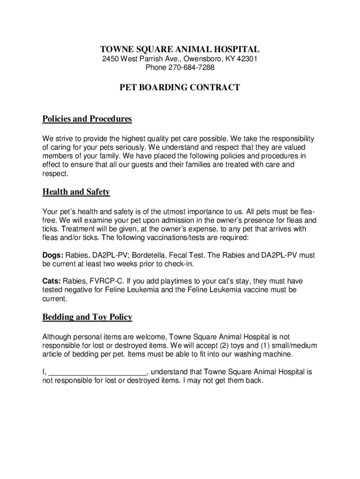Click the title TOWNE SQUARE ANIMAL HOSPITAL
tap(180, 49)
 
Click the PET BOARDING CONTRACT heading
tap(180, 87)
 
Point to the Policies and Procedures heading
tap(87, 119)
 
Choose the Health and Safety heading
tap(76, 192)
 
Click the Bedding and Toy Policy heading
tap(87, 317)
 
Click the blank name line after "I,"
tap(98, 372)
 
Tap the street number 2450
tap(111, 59)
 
